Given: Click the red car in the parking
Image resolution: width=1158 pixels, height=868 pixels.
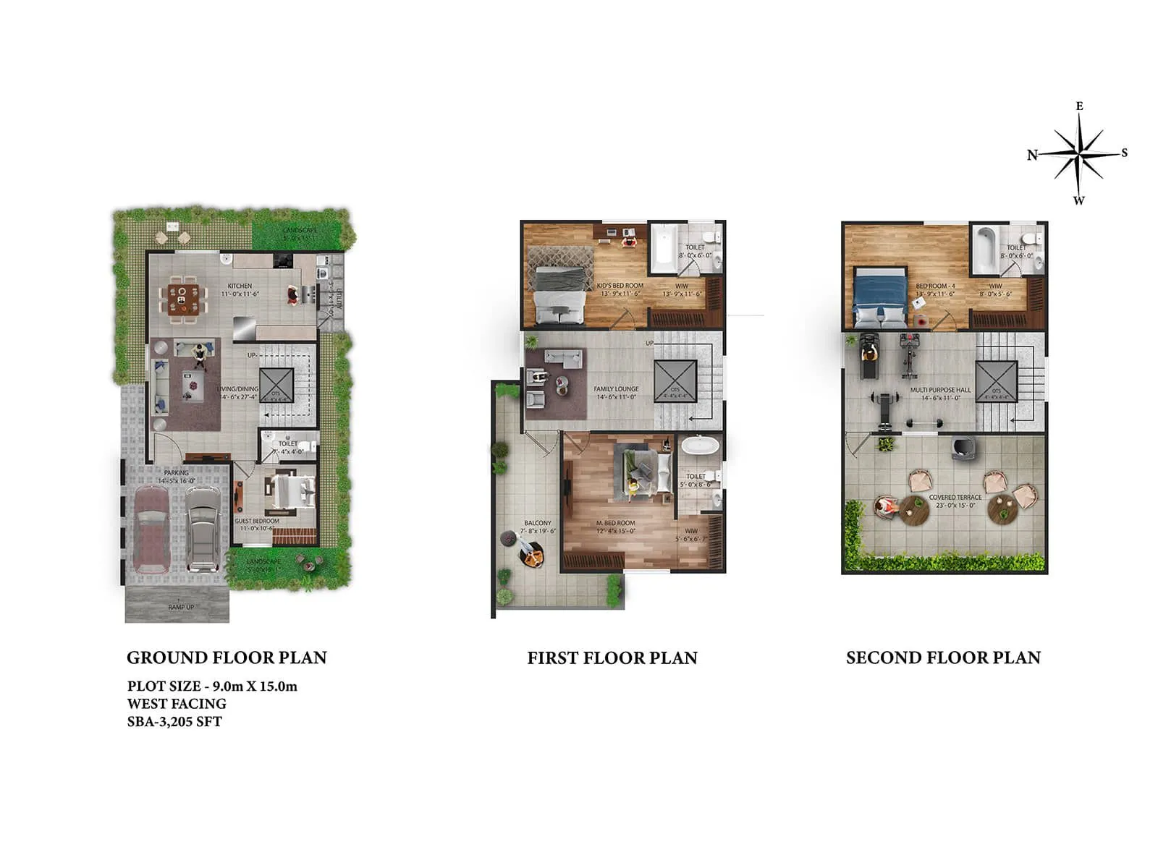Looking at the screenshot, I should point(151,529).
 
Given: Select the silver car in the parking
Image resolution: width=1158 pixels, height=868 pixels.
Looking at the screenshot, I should point(203,529).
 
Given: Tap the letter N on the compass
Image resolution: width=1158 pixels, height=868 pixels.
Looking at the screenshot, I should point(1032,155).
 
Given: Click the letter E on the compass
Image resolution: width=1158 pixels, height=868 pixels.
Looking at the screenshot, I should point(1079,106).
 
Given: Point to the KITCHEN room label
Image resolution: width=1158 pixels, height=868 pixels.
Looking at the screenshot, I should point(240,286).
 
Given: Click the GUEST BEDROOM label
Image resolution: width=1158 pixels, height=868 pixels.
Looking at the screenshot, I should point(257,521).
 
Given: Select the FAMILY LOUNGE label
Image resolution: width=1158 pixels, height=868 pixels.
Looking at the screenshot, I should point(616,389).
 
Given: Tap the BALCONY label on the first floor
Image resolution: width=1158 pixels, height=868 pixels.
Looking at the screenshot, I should point(538,523).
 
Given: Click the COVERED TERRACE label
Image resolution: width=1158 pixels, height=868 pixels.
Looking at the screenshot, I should point(955,498).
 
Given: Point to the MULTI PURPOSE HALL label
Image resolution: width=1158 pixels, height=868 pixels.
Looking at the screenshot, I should point(940,390).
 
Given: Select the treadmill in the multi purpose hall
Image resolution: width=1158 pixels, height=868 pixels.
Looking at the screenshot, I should point(868,357).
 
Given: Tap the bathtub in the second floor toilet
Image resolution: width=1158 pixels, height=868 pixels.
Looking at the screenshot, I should point(985,249).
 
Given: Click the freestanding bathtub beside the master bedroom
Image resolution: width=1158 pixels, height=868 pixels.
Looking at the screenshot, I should point(701,444).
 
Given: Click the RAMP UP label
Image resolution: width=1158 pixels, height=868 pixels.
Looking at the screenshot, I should point(181,607).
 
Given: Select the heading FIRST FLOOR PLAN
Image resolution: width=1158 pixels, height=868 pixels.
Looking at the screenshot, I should point(612,658).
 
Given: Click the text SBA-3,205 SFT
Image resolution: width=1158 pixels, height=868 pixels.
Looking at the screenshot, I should point(174,722).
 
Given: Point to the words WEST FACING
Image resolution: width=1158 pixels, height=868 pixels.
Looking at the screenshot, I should point(177,704).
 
